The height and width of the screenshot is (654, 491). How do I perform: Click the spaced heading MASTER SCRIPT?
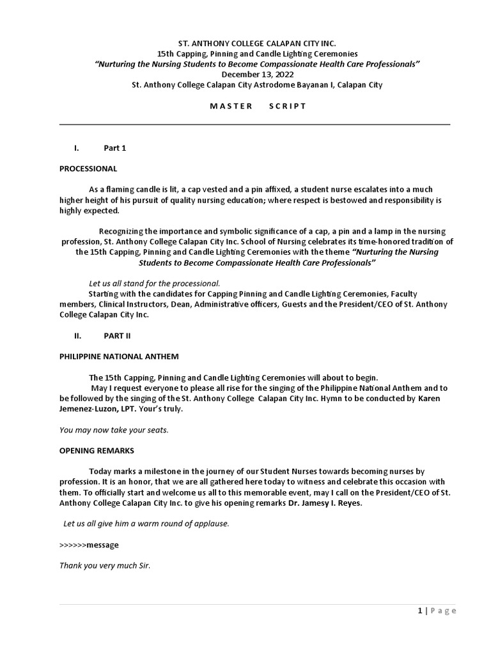click(258, 106)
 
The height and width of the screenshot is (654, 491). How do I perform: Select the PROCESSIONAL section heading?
click(88, 169)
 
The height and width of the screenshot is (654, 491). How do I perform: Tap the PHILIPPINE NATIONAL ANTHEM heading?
click(119, 356)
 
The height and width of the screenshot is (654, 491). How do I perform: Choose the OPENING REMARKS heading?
click(97, 450)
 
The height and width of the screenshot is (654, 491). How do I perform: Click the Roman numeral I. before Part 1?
click(76, 148)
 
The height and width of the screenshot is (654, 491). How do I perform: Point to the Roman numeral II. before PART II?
click(77, 335)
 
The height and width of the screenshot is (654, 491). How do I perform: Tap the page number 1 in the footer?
click(419, 611)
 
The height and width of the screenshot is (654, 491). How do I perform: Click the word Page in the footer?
click(444, 611)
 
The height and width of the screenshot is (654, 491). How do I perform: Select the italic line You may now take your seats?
click(114, 430)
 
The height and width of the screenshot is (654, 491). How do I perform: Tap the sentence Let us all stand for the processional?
click(154, 283)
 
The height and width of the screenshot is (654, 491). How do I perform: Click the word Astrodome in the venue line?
click(279, 84)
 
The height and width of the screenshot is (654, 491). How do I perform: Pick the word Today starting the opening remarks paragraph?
click(100, 471)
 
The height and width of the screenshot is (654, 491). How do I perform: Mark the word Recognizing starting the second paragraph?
click(121, 231)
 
